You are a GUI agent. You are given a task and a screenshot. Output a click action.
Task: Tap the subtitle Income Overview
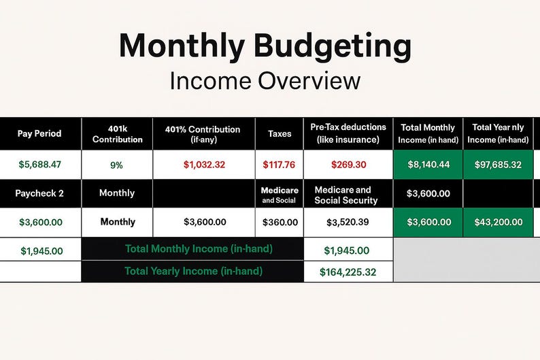pos(265,81)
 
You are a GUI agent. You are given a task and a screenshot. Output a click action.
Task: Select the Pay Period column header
pos(39,133)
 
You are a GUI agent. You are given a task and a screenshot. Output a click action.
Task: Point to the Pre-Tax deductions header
pos(348,133)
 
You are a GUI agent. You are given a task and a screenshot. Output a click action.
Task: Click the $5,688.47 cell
pos(39,164)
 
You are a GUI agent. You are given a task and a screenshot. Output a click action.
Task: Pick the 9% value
pos(116,165)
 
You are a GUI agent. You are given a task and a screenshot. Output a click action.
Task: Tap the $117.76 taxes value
pos(279,165)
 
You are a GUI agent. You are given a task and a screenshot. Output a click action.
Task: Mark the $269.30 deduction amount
pos(348,165)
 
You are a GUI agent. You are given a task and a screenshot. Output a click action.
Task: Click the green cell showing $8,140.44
pos(428,165)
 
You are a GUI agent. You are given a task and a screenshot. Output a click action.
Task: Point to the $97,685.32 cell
pos(498,165)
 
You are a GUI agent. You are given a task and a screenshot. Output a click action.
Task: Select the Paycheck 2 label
pos(39,193)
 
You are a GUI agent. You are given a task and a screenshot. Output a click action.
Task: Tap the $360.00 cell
pos(279,222)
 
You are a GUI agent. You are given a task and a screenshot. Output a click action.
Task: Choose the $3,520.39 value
pos(348,222)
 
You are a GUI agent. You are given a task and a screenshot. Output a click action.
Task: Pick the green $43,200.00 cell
pos(498,222)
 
